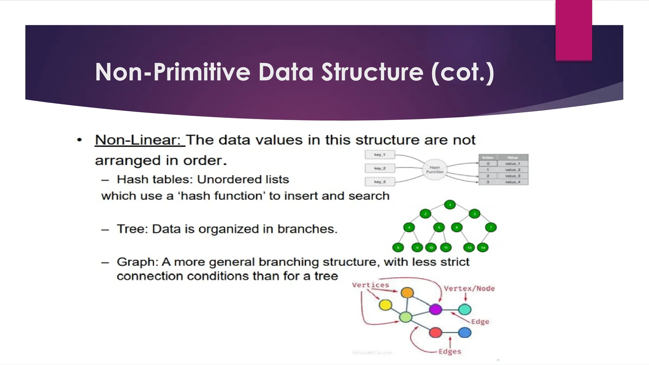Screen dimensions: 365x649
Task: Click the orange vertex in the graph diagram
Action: [x=407, y=292]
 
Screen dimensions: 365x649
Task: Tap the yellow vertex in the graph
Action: [x=385, y=305]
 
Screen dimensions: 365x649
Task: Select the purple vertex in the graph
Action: [x=435, y=309]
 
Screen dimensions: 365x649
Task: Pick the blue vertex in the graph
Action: [x=465, y=333]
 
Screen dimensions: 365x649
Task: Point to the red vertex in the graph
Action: [x=435, y=333]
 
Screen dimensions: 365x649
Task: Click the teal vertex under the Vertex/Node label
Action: [x=465, y=309]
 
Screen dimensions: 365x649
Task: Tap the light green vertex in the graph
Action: [x=406, y=317]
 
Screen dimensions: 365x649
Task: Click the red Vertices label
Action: [x=370, y=285]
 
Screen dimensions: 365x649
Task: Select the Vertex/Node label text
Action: [x=469, y=289]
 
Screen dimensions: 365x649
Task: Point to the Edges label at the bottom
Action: [x=450, y=351]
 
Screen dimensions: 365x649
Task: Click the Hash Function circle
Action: [x=435, y=170]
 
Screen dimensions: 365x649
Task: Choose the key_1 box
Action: [x=380, y=155]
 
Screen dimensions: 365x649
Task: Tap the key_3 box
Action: [x=380, y=182]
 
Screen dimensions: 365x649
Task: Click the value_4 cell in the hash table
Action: [x=512, y=182]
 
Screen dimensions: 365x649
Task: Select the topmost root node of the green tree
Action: [x=450, y=205]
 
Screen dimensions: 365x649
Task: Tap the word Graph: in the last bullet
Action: [x=138, y=262]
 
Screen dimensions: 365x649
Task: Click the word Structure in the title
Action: [x=372, y=72]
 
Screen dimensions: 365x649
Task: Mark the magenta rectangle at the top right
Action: [x=574, y=30]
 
